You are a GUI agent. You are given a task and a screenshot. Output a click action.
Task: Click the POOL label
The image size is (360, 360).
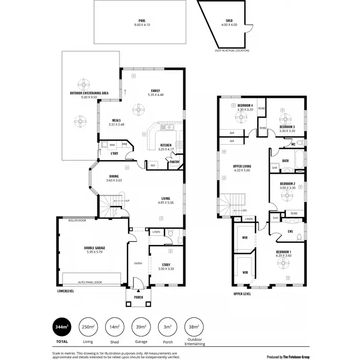tap(142, 21)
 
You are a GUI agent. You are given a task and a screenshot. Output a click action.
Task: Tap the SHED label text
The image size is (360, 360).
tap(229, 21)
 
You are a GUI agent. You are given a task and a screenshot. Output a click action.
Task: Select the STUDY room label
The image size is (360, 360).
tap(166, 264)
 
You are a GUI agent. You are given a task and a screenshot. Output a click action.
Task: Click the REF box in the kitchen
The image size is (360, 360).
tap(153, 165)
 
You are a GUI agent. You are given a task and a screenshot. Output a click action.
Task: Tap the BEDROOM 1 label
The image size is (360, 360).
tap(283, 252)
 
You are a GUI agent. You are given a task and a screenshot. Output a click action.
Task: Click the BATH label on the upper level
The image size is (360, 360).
tap(285, 161)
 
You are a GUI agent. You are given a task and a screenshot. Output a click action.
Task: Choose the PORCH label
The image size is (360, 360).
tap(138, 297)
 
